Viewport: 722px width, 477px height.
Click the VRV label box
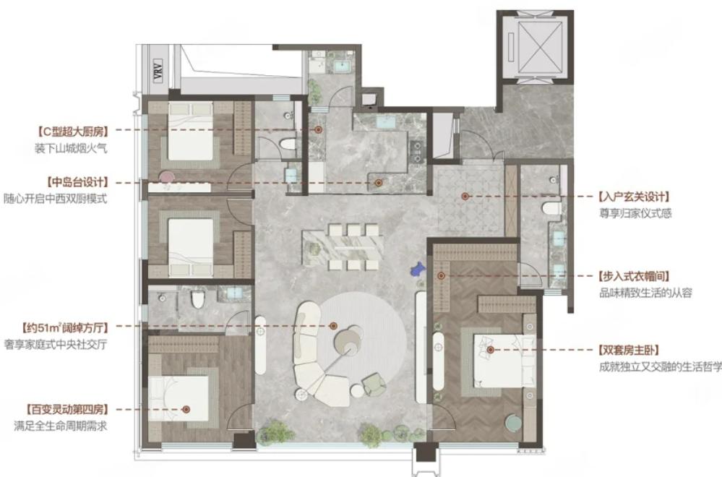tap(159, 70)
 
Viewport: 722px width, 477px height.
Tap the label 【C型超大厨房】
tap(72, 132)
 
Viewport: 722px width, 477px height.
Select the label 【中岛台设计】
tap(77, 182)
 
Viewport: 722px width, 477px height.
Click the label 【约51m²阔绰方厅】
tap(65, 328)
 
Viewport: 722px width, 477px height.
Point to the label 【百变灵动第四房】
tap(68, 409)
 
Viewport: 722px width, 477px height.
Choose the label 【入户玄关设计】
tap(634, 197)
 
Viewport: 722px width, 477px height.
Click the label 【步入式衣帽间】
tap(634, 276)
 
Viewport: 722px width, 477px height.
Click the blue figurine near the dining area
tap(418, 268)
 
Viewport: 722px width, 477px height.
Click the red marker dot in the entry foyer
tap(465, 196)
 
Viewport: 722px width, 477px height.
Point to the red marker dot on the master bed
tap(491, 350)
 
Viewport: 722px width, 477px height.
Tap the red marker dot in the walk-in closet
tap(441, 276)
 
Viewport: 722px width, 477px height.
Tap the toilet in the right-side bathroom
tap(551, 209)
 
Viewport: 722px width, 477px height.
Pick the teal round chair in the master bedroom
tap(513, 423)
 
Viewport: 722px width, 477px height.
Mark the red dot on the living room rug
tap(333, 326)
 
